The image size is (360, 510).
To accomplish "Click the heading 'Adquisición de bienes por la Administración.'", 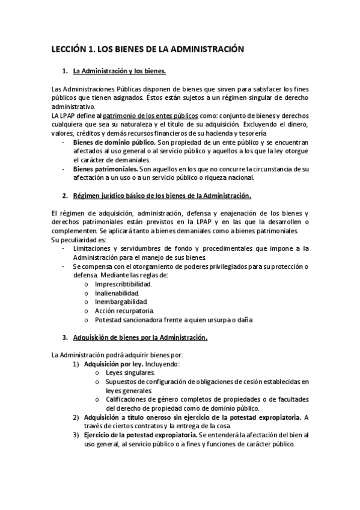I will pyautogui.click(x=139, y=337).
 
